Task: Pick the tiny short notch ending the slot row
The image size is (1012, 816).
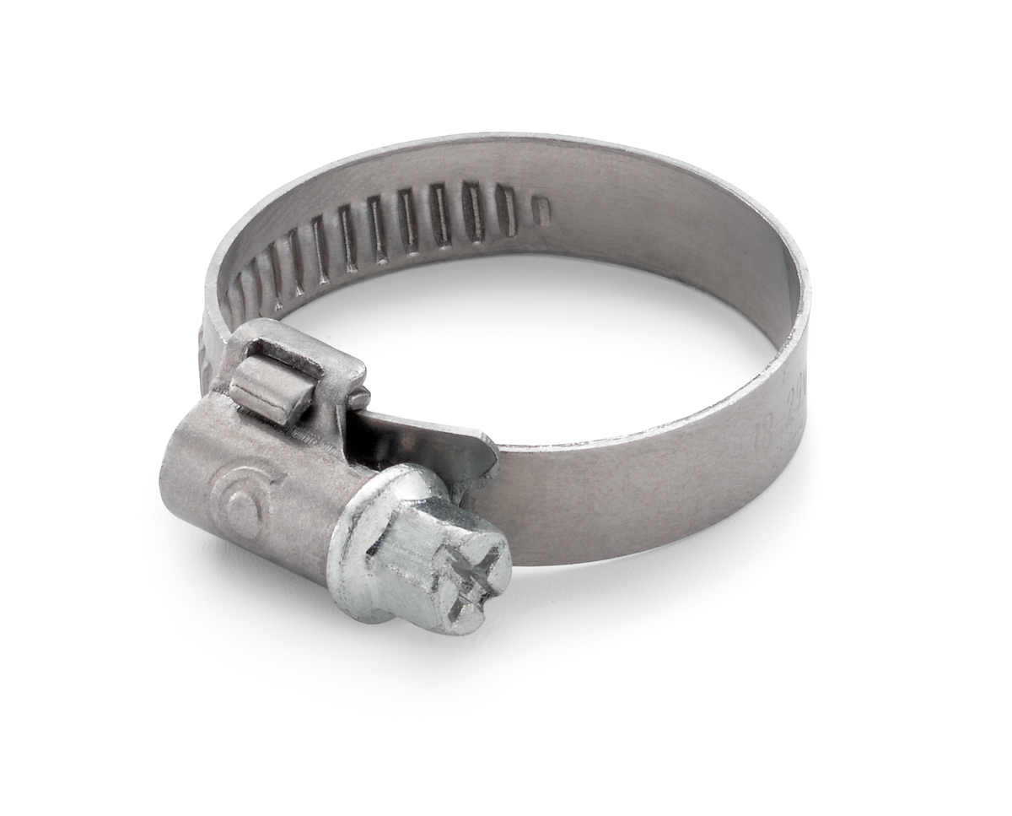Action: tap(541, 211)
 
